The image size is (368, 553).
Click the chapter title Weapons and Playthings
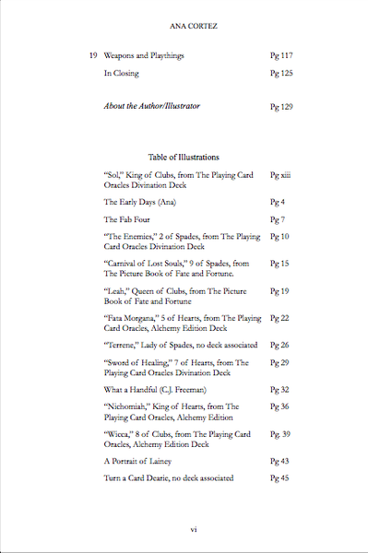tap(144, 55)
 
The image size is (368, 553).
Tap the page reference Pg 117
tap(280, 55)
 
